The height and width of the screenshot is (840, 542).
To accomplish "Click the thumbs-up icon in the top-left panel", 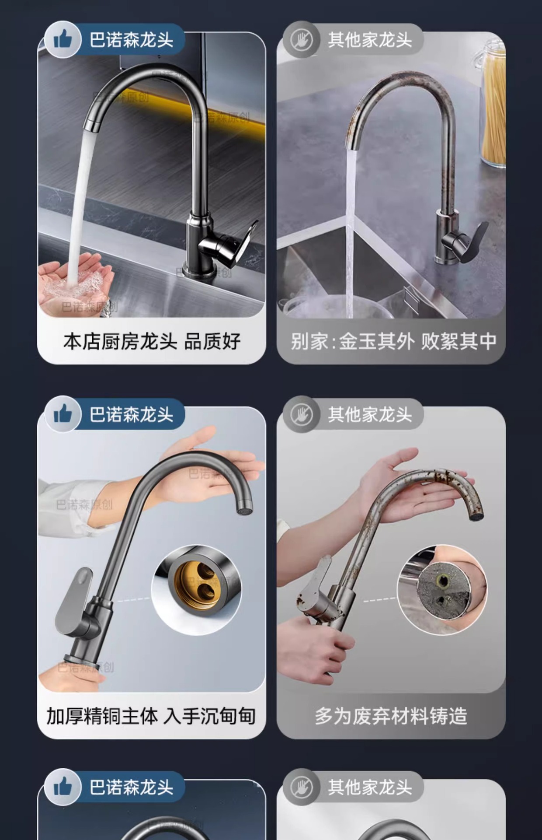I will pyautogui.click(x=63, y=40).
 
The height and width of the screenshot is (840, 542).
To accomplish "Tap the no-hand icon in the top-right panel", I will pyautogui.click(x=301, y=40).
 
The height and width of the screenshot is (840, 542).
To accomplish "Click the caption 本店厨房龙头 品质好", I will pyautogui.click(x=152, y=342).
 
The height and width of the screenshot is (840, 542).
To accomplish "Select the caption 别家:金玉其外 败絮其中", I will pyautogui.click(x=393, y=342).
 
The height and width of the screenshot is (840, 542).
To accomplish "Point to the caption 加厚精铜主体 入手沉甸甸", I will pyautogui.click(x=151, y=716).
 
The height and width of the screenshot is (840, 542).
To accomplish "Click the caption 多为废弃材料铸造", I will pyautogui.click(x=391, y=716).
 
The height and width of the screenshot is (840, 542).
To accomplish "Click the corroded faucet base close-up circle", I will pyautogui.click(x=442, y=588).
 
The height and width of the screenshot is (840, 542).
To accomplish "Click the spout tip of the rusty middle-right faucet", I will pyautogui.click(x=477, y=512).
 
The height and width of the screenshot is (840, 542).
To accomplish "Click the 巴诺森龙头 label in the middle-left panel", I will pyautogui.click(x=131, y=414).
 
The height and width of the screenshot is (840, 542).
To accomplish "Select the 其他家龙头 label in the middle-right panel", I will pyautogui.click(x=370, y=414).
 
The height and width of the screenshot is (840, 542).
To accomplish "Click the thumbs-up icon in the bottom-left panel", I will pyautogui.click(x=63, y=787).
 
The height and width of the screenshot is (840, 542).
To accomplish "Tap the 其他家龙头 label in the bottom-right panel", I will pyautogui.click(x=370, y=787).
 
